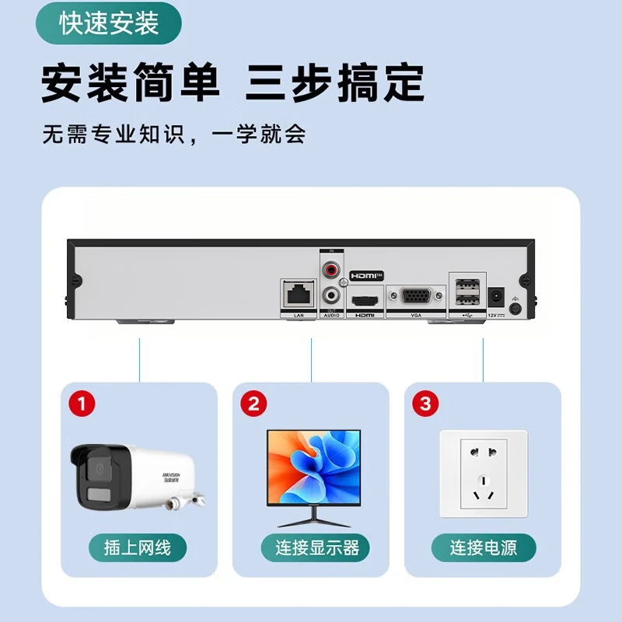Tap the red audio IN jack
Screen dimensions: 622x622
[x=333, y=271]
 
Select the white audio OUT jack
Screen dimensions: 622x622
[x=333, y=295]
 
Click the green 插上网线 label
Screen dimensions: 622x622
[x=137, y=547]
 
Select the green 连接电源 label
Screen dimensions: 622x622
[x=484, y=547]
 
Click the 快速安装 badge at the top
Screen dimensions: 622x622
[x=109, y=23]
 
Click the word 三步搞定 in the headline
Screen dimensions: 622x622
[x=335, y=82]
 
